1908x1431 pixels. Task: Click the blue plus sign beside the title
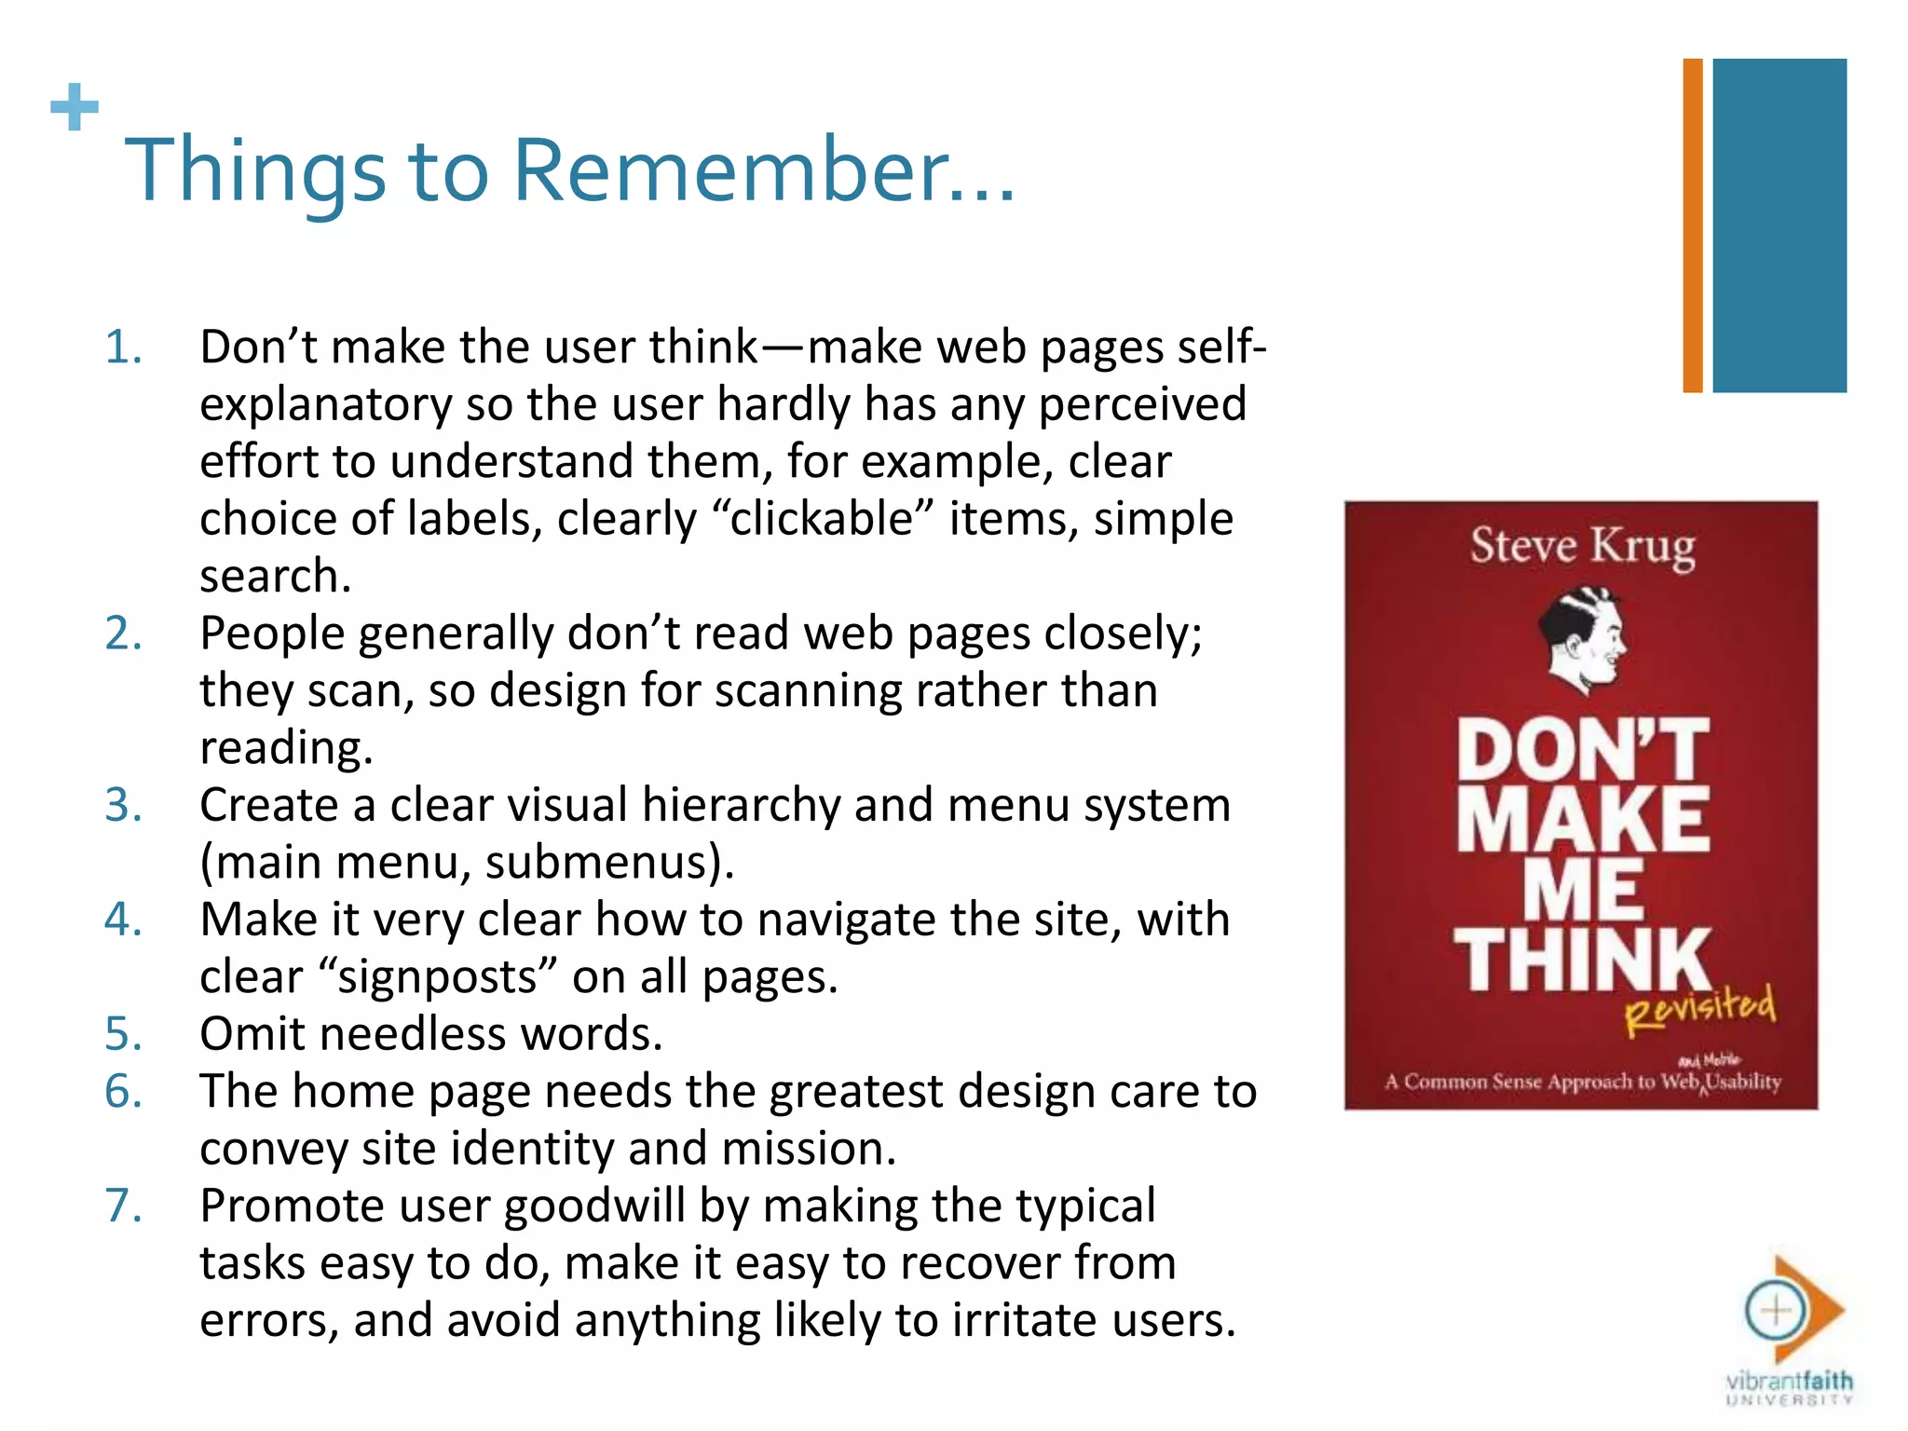(75, 107)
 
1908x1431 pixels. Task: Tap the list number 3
(123, 805)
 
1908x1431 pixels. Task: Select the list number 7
(123, 1206)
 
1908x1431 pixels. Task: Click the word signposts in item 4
(438, 977)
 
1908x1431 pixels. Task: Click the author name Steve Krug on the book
(1582, 547)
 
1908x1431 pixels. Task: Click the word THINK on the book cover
(1582, 960)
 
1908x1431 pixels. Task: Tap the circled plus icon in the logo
(1776, 1311)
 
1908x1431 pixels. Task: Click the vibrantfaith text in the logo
(1789, 1381)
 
